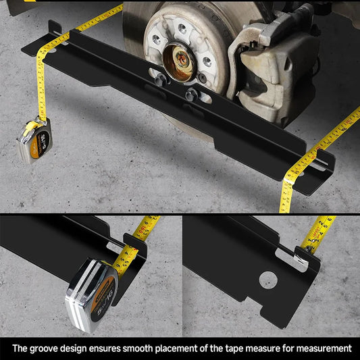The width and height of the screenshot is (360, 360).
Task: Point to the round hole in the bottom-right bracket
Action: tap(268, 278)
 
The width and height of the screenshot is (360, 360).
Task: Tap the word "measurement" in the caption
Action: tap(320, 349)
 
